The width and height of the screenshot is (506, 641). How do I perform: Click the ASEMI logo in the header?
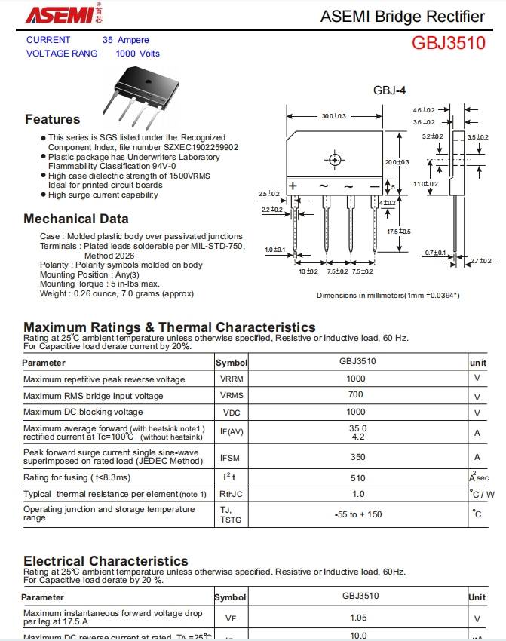tap(61, 14)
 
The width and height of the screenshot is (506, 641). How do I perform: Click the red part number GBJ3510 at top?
tap(448, 43)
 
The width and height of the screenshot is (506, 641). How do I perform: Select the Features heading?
tap(52, 119)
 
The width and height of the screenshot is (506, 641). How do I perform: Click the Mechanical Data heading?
tap(76, 219)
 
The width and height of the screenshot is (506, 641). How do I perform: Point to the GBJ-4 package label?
tap(389, 90)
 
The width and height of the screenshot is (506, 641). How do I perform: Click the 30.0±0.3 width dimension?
tap(333, 116)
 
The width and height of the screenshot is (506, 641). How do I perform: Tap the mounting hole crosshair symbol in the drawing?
tap(334, 159)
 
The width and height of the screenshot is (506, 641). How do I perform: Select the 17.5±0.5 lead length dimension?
tap(399, 231)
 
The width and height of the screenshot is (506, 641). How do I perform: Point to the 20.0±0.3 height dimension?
tap(397, 162)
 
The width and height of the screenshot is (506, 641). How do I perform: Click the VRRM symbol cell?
tap(232, 379)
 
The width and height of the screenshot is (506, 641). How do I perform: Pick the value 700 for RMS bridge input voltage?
tap(356, 394)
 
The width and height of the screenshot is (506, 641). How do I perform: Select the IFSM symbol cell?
tap(230, 457)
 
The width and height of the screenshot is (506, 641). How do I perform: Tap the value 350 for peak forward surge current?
tap(357, 457)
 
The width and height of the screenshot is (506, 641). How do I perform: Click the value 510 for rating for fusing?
tap(357, 477)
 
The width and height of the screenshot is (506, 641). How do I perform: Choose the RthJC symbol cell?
tap(231, 495)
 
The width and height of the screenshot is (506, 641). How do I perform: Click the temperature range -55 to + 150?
tap(358, 514)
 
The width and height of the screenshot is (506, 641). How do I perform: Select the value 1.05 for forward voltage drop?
tap(358, 618)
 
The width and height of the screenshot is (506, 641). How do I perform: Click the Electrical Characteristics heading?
tap(106, 561)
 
